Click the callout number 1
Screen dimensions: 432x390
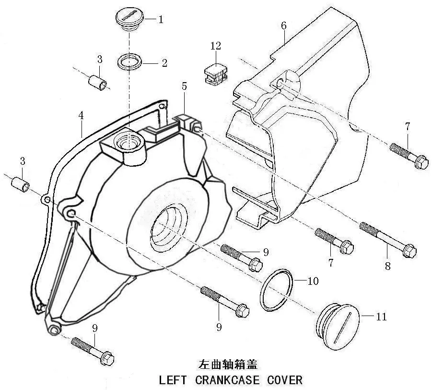[x=161, y=19]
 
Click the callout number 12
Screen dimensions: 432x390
[x=216, y=46]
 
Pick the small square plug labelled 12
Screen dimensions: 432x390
[x=216, y=73]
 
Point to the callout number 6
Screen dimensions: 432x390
[x=284, y=25]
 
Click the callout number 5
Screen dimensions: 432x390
[x=184, y=86]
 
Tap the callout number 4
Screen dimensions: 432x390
[x=81, y=115]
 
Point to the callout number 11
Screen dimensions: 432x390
[x=381, y=317]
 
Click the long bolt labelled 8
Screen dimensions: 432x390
[x=388, y=240]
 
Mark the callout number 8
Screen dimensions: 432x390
[x=387, y=266]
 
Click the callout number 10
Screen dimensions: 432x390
[x=313, y=280]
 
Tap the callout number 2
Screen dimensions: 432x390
[x=164, y=63]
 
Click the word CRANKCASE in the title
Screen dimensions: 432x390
[x=227, y=380]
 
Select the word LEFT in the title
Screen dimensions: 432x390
[x=173, y=380]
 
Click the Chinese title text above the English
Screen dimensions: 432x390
[x=228, y=365]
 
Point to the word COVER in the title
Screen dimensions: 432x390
[x=285, y=380]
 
